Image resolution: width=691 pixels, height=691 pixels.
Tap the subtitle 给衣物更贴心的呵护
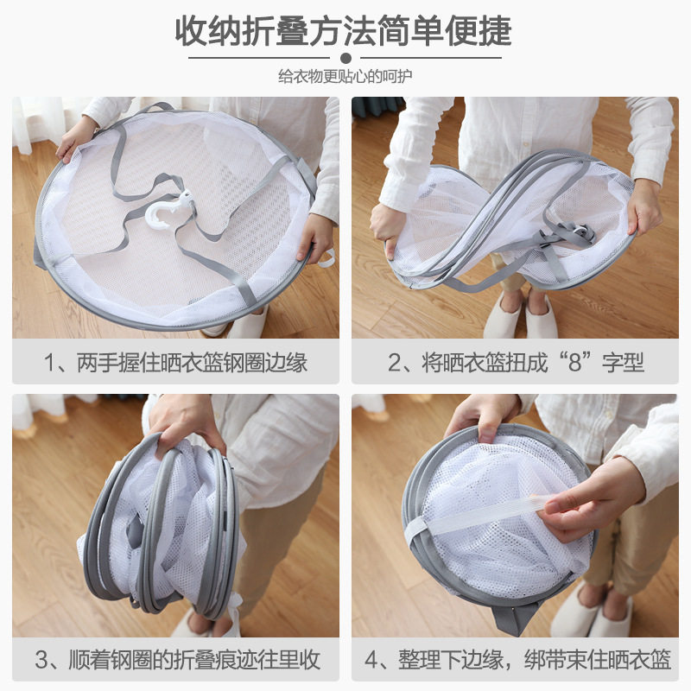345,76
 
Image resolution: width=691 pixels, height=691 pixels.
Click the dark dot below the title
345,58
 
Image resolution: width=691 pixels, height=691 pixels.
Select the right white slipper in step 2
542,317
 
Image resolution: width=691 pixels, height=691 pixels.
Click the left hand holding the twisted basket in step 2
387,228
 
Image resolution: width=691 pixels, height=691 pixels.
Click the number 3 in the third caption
41,661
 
